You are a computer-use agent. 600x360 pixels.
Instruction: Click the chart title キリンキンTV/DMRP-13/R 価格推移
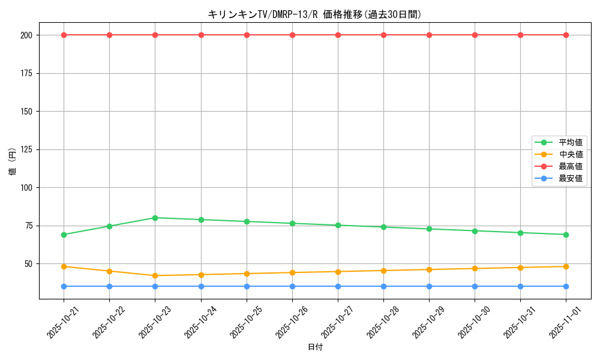314,14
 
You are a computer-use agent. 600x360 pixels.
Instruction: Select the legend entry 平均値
570,142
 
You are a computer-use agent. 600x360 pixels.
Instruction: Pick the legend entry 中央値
570,154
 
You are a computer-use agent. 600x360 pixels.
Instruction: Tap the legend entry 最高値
570,166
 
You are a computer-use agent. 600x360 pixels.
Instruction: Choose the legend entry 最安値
570,178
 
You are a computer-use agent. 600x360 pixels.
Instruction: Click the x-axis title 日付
314,347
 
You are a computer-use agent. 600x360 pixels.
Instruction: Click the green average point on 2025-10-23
155,218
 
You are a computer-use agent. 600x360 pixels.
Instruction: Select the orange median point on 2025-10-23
155,275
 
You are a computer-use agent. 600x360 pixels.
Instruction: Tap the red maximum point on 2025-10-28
383,35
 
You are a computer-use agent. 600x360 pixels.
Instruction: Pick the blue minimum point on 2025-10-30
475,286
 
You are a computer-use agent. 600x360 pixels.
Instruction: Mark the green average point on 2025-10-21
64,235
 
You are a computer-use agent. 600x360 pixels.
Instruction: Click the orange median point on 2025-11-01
566,266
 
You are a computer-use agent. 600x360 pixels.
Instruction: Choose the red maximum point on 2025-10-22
109,35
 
